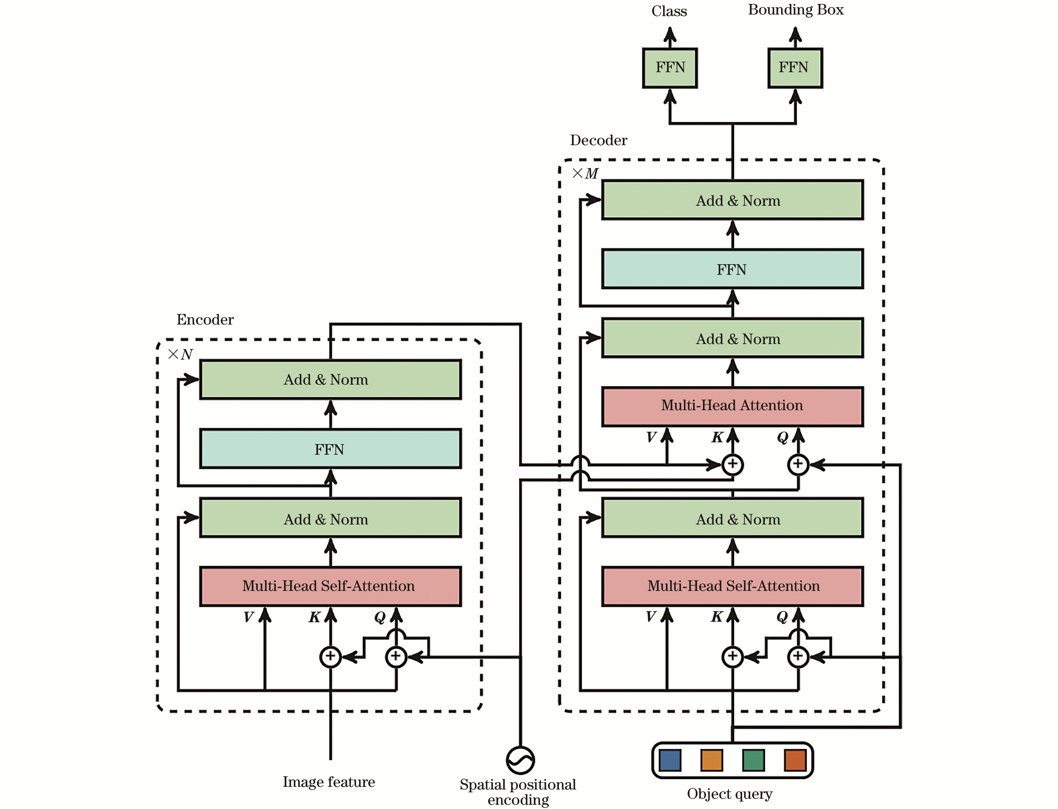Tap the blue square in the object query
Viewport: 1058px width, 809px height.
point(670,760)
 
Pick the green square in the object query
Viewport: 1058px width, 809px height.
point(753,760)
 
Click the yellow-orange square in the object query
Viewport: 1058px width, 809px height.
point(712,760)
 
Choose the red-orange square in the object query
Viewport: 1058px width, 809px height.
point(795,760)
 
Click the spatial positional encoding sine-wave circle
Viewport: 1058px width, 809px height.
point(520,760)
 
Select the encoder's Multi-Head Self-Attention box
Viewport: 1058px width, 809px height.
point(330,586)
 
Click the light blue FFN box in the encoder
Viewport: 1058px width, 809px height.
point(330,449)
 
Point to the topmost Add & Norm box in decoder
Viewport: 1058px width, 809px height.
point(732,200)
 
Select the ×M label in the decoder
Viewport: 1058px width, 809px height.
point(585,173)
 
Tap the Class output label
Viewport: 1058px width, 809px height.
point(669,11)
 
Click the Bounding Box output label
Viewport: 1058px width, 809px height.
point(796,10)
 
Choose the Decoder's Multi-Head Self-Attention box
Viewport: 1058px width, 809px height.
point(732,586)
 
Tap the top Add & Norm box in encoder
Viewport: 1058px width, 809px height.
point(330,379)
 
